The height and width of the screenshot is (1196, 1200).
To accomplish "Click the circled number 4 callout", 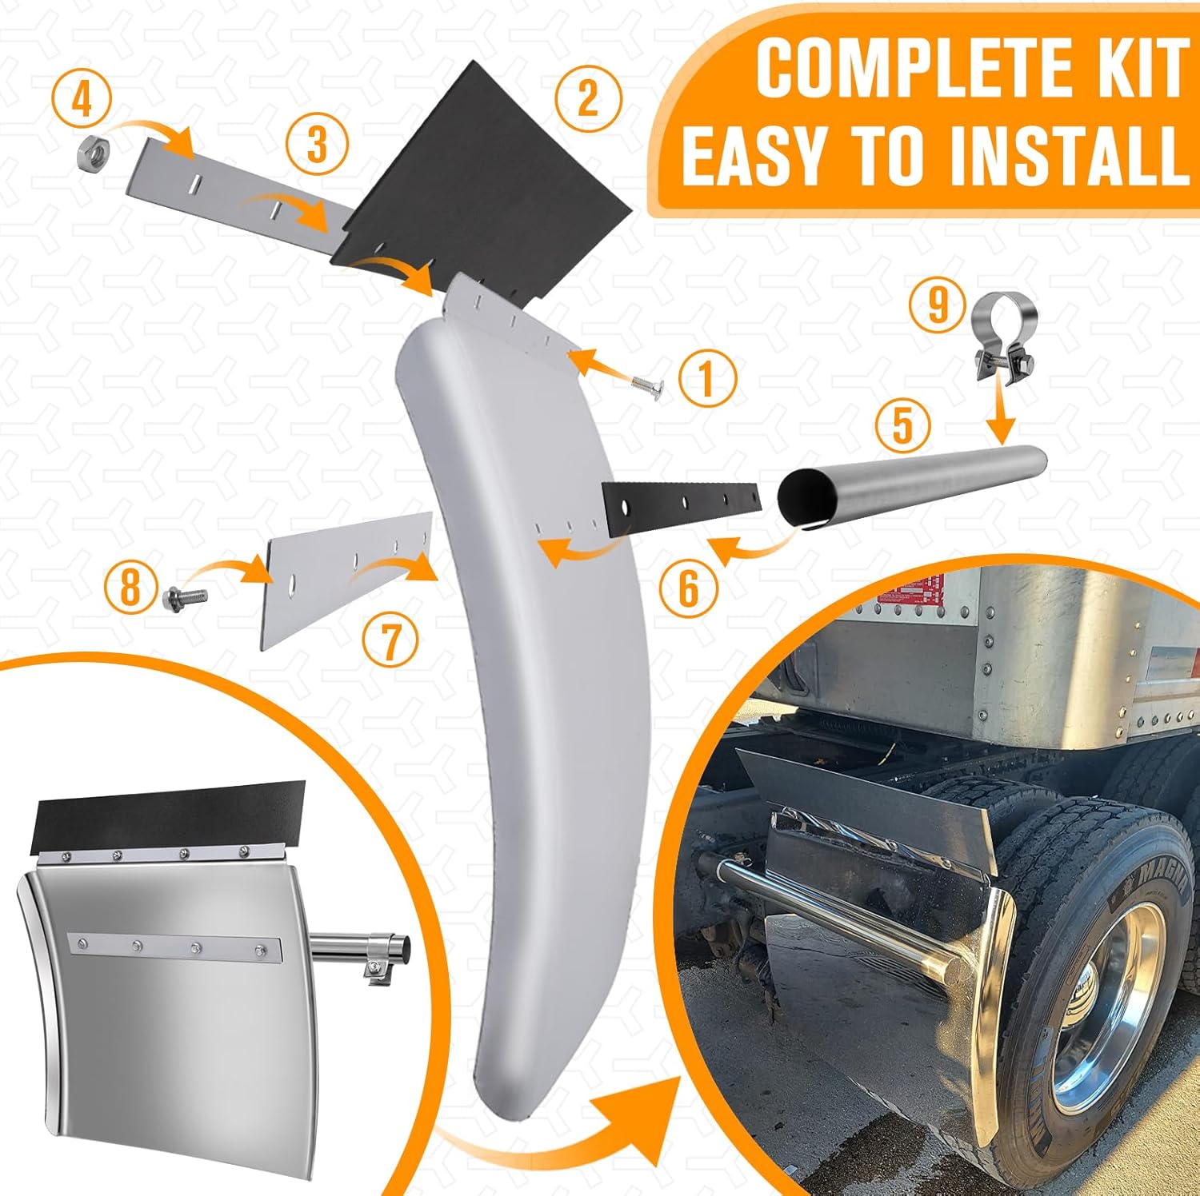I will pyautogui.click(x=81, y=102).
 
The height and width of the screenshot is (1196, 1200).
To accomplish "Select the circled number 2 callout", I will pyautogui.click(x=588, y=98).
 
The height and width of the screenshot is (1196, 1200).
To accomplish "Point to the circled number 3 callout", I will pyautogui.click(x=317, y=145).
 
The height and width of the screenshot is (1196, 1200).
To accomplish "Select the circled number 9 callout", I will pyautogui.click(x=938, y=305).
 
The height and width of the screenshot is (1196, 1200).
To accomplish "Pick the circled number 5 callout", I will pyautogui.click(x=902, y=424).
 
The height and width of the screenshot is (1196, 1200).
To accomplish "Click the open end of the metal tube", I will pyautogui.click(x=805, y=498).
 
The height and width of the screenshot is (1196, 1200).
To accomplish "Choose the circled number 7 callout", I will pyautogui.click(x=390, y=642).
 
